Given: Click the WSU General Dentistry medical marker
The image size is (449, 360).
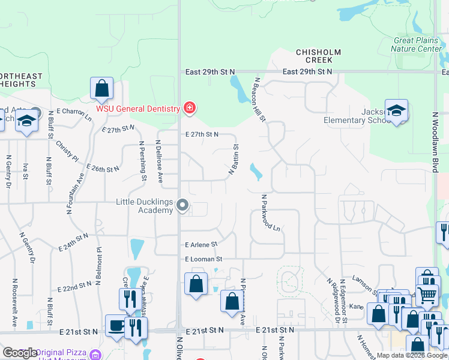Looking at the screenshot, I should click(x=190, y=108).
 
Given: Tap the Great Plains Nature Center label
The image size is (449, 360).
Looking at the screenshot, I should click(x=417, y=44).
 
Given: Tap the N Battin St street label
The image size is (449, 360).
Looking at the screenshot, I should click(x=234, y=159).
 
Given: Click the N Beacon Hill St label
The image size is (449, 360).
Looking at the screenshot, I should click(x=260, y=99).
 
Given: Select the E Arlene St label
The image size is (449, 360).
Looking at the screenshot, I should click(x=201, y=245).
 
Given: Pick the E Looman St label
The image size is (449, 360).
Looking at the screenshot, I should click(x=203, y=259).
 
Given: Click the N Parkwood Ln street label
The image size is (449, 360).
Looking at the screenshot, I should click(x=271, y=212).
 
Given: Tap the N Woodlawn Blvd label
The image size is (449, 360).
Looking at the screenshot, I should click(x=433, y=141).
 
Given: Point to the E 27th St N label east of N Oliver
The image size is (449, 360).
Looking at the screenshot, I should click(x=202, y=134).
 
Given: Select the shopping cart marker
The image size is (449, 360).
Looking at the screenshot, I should click(x=427, y=294).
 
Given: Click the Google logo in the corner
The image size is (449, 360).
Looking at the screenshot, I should click(x=20, y=353).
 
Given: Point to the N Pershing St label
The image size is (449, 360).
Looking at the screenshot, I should click(x=143, y=160).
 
